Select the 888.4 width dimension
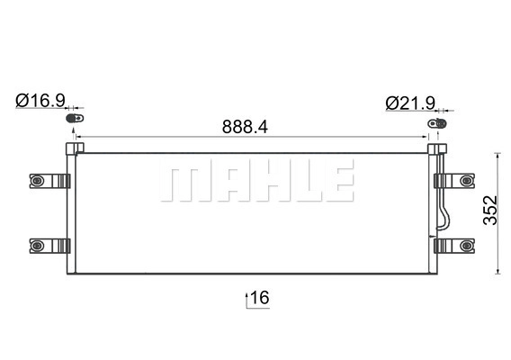click(245, 127)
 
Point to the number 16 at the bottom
click(261, 297)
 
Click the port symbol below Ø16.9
click(76, 118)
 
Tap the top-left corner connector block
click(72, 149)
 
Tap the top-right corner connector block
click(437, 149)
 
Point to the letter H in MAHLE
click(264, 183)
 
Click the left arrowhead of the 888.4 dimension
click(79, 139)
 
